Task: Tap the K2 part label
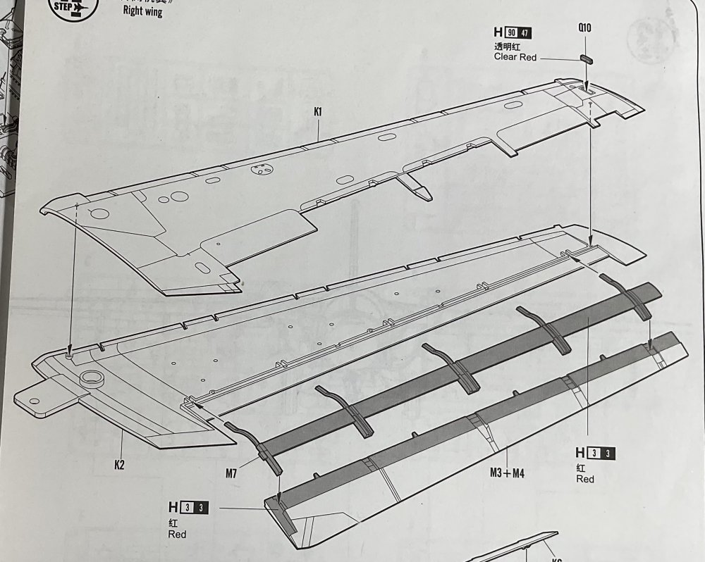tap(121, 465)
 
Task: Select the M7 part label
tap(231, 474)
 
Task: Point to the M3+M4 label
tap(507, 473)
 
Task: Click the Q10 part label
tap(584, 28)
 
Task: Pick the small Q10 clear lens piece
tap(588, 58)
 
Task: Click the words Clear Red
tap(515, 57)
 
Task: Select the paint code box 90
tap(511, 33)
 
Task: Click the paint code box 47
tap(525, 33)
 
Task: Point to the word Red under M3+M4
tap(584, 479)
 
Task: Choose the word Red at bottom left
tap(177, 535)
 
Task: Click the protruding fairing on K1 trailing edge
tap(416, 187)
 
